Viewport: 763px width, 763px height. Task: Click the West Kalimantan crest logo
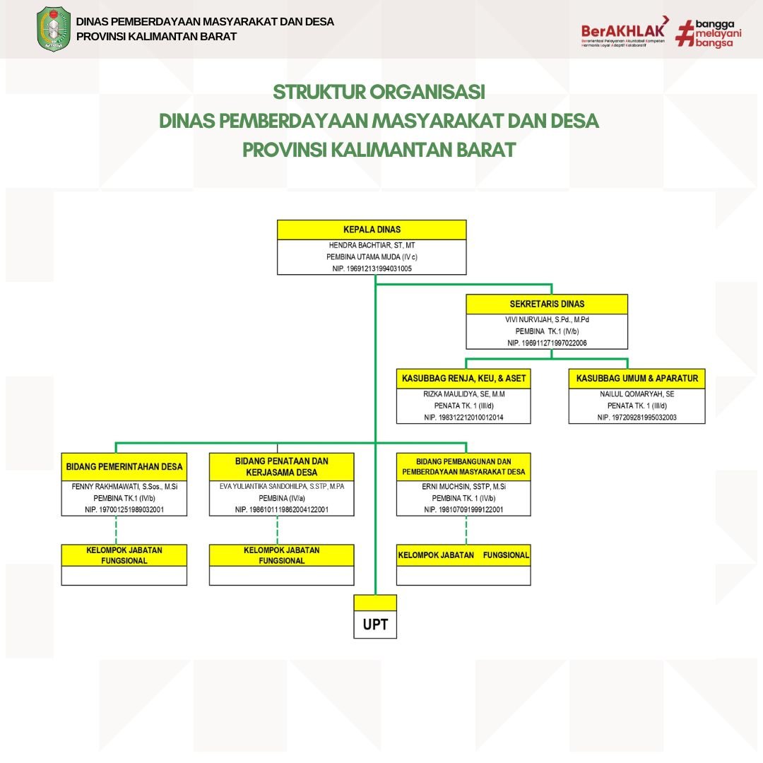click(x=54, y=29)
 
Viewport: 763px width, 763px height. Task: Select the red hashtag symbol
click(x=685, y=33)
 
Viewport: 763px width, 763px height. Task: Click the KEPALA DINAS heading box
click(x=372, y=230)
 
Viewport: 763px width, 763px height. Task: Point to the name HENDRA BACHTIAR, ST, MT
click(x=372, y=245)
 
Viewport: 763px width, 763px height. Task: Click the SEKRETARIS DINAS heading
click(x=547, y=304)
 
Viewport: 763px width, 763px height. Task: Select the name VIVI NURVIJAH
click(x=547, y=319)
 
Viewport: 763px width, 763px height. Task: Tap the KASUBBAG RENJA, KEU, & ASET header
click(x=463, y=379)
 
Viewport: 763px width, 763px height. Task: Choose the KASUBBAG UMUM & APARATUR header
click(x=637, y=379)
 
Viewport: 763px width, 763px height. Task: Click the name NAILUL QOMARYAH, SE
click(x=637, y=394)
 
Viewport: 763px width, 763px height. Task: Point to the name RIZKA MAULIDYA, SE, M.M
click(x=463, y=394)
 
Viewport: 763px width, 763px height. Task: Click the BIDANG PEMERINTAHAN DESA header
click(x=124, y=466)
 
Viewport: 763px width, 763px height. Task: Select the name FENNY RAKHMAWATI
click(x=124, y=486)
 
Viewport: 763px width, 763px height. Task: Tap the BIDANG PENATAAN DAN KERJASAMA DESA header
click(x=282, y=466)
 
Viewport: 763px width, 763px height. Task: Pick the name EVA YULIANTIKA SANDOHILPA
click(x=282, y=487)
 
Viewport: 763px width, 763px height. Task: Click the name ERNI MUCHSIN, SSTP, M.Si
click(x=463, y=487)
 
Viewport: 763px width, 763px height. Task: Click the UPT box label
click(x=375, y=625)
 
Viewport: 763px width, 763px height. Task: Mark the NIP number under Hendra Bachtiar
click(x=372, y=268)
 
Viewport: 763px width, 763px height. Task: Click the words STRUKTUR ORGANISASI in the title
click(x=379, y=93)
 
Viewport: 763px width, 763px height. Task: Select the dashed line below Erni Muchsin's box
click(x=466, y=530)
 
